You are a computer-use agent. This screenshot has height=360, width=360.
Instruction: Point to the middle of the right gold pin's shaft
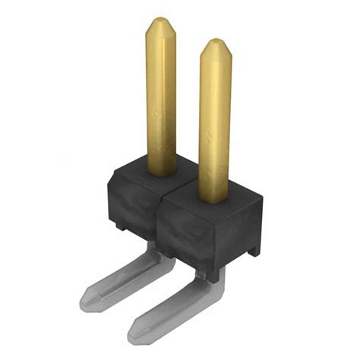(x=215, y=122)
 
